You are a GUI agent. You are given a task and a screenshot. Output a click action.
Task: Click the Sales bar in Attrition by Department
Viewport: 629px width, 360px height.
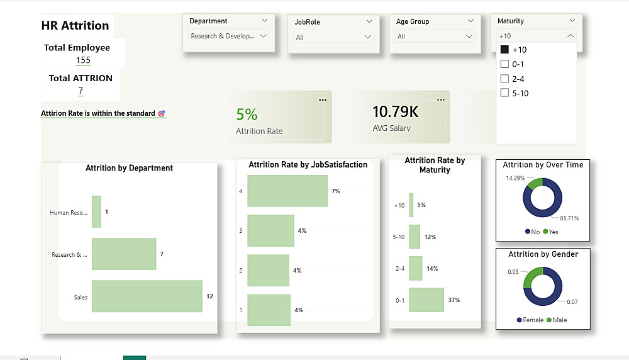click(x=147, y=296)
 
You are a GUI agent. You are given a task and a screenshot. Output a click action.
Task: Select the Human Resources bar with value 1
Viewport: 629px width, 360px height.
click(x=96, y=211)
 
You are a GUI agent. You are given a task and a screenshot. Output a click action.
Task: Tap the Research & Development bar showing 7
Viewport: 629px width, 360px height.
click(x=124, y=254)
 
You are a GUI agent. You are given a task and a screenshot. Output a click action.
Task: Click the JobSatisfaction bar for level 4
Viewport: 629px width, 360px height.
click(x=287, y=191)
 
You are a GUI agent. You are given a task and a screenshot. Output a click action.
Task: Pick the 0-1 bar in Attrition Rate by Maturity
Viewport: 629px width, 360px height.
click(x=426, y=300)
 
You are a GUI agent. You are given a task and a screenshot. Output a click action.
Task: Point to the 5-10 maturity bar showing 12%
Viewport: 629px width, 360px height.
click(x=415, y=237)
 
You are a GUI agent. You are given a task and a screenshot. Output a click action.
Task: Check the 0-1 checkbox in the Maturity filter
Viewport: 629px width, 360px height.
click(x=504, y=64)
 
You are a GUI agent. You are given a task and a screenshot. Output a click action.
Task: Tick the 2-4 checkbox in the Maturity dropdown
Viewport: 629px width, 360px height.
click(x=504, y=79)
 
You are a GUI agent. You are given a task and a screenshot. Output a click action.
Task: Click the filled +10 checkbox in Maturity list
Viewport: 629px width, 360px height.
click(x=504, y=50)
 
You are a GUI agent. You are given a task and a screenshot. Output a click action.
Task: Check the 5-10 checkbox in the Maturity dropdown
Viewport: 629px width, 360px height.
click(x=504, y=93)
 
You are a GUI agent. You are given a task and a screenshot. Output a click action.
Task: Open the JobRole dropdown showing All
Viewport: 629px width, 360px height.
click(x=333, y=37)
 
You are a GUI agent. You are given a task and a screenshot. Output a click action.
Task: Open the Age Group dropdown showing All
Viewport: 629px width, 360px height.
click(x=435, y=37)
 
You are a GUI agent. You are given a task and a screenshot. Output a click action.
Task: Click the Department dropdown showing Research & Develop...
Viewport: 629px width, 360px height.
click(x=229, y=36)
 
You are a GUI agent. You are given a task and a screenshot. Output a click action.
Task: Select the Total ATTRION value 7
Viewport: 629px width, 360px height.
click(x=81, y=91)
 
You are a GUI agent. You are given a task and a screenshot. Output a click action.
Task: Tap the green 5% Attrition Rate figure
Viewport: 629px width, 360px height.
click(x=247, y=115)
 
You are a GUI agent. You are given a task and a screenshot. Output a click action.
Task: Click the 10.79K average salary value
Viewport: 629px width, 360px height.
click(x=395, y=113)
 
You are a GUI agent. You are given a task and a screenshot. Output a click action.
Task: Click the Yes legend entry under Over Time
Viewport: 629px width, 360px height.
click(x=550, y=232)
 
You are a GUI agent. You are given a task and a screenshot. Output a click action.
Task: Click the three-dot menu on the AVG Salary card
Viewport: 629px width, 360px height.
click(x=440, y=99)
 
